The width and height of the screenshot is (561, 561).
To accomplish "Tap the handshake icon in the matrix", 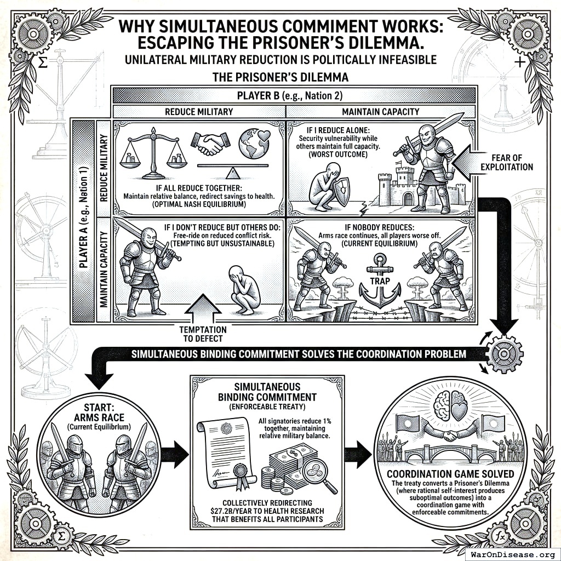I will [x=207, y=144].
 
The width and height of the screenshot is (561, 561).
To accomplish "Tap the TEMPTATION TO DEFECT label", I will [x=202, y=334].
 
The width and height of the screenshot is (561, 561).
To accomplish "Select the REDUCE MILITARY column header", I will [x=198, y=112].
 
